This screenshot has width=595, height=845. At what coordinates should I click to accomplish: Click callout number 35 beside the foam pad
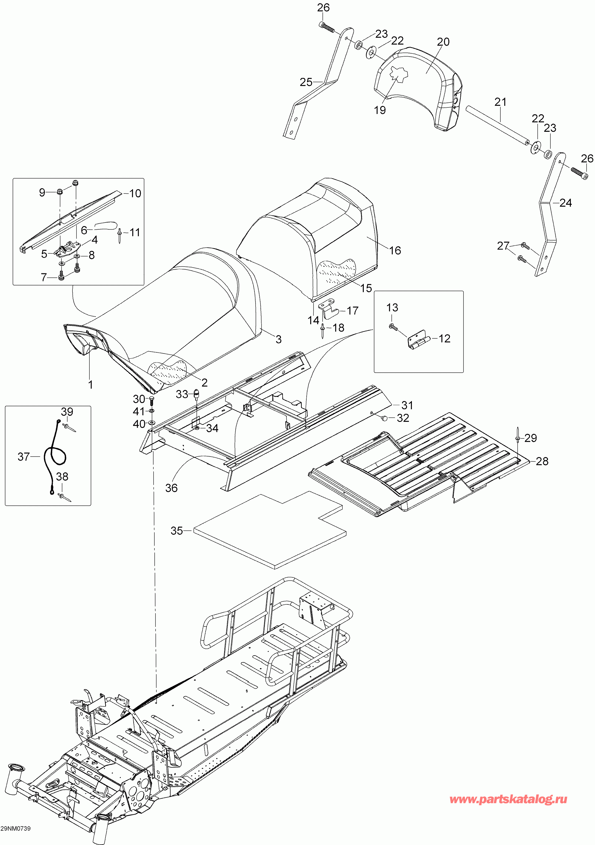coord(177,531)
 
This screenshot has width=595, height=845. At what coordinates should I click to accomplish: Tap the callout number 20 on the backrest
coord(443,42)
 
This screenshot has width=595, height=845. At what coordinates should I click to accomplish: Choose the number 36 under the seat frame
coord(171,488)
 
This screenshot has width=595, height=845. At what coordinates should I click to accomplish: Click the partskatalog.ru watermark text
coord(508,799)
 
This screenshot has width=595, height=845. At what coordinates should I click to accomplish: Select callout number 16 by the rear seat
coord(395,251)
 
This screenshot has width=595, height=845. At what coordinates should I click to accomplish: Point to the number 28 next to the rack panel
coord(542,461)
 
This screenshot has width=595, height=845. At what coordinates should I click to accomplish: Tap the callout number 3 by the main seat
coord(279,339)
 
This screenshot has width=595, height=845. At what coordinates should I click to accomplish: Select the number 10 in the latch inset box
coord(135,193)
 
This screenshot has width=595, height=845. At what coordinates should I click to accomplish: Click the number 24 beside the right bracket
coord(565,203)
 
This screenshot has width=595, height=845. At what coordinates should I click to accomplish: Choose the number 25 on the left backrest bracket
coord(306,82)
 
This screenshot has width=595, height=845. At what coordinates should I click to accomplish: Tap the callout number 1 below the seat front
coord(90,385)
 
